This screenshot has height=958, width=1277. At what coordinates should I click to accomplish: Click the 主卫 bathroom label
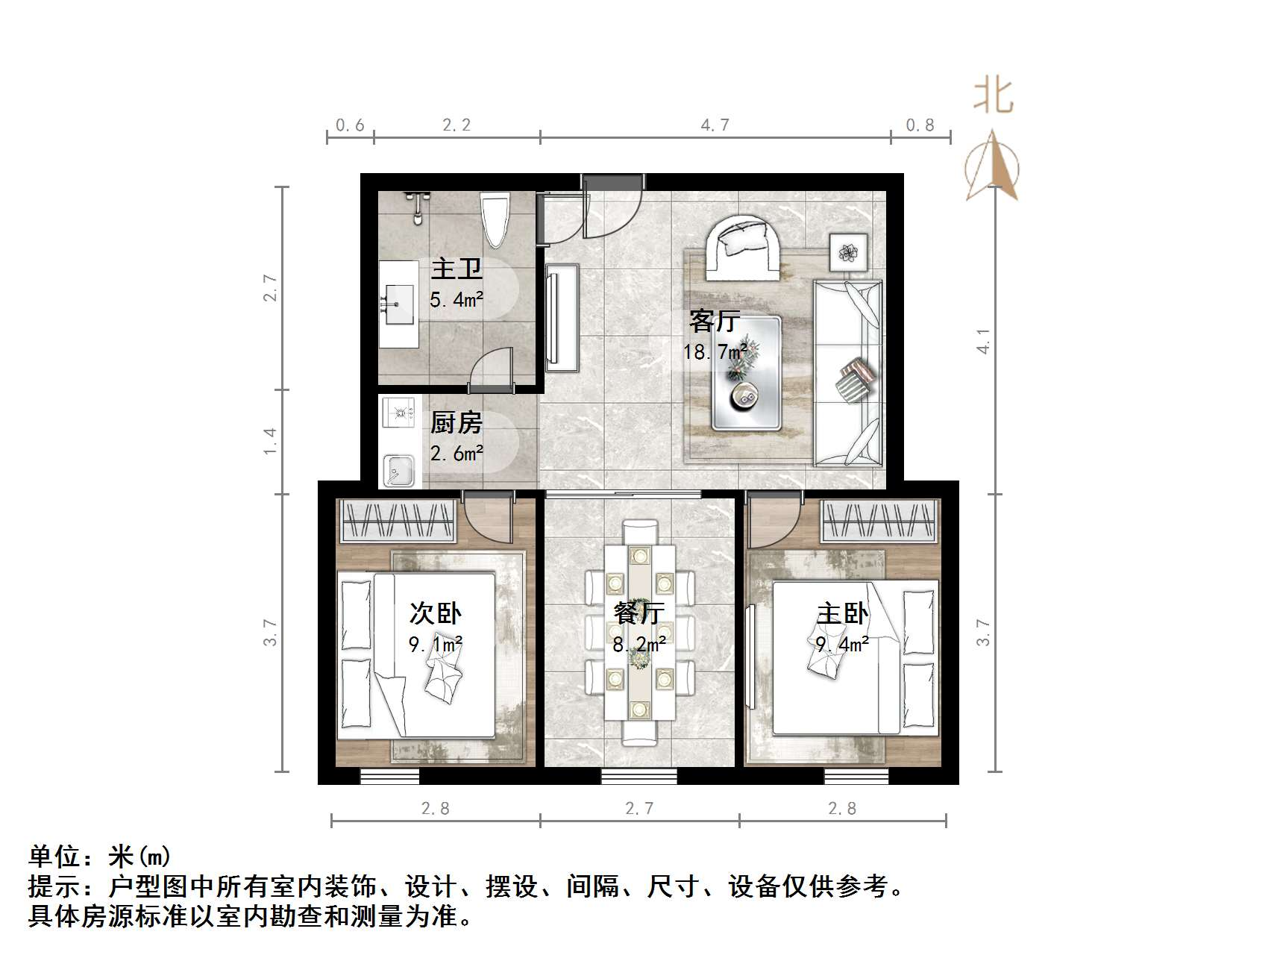pyautogui.click(x=456, y=269)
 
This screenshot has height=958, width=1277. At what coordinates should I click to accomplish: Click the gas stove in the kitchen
pyautogui.click(x=400, y=411)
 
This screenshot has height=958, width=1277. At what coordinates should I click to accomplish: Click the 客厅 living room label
pyautogui.click(x=715, y=321)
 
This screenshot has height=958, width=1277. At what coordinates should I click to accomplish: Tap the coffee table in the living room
pyautogui.click(x=746, y=373)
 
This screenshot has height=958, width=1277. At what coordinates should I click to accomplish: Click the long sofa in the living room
pyautogui.click(x=847, y=372)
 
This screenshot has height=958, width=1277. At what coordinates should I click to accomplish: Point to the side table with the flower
pyautogui.click(x=849, y=252)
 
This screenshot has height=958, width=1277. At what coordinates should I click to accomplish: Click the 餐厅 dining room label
pyautogui.click(x=639, y=613)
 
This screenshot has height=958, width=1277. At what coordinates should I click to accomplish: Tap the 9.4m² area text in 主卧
pyautogui.click(x=841, y=643)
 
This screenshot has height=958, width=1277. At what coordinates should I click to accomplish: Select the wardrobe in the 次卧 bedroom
pyautogui.click(x=398, y=519)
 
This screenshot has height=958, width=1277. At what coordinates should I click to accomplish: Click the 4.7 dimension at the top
pyautogui.click(x=715, y=125)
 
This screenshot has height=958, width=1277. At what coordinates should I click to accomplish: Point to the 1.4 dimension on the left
pyautogui.click(x=270, y=441)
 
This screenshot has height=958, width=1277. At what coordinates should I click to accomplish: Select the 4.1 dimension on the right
pyautogui.click(x=984, y=340)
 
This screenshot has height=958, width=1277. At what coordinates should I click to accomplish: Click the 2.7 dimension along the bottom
pyautogui.click(x=639, y=808)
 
